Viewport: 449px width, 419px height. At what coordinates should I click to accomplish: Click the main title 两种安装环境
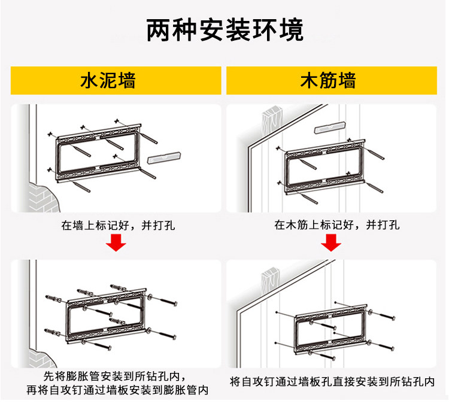pyautogui.click(x=224, y=30)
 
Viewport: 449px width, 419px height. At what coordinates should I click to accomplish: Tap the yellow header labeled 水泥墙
pyautogui.click(x=116, y=80)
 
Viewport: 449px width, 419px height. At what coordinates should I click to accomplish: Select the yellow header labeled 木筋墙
pyautogui.click(x=332, y=80)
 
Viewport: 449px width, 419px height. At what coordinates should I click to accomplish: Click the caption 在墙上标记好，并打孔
pyautogui.click(x=118, y=226)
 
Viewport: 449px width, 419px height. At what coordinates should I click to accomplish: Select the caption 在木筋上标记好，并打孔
pyautogui.click(x=336, y=225)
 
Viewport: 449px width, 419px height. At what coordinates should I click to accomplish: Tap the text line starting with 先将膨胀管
pyautogui.click(x=115, y=376)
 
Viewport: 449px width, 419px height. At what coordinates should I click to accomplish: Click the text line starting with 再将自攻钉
pyautogui.click(x=117, y=390)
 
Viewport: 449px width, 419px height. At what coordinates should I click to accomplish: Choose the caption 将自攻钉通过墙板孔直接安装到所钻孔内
pyautogui.click(x=332, y=381)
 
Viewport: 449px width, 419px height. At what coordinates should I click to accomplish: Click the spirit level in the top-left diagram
pyautogui.click(x=164, y=157)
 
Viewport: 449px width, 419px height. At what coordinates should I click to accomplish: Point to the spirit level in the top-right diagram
pyautogui.click(x=330, y=127)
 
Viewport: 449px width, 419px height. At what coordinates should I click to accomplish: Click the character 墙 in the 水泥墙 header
pyautogui.click(x=126, y=80)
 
